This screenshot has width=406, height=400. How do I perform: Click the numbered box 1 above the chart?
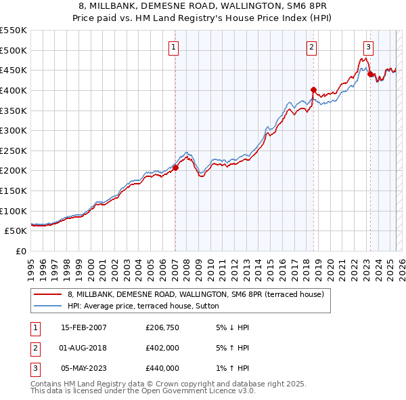point(174,47)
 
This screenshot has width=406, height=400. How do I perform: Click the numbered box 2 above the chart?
point(311,47)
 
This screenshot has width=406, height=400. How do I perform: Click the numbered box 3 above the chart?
point(368,47)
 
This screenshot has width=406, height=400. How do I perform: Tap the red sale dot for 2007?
point(175,167)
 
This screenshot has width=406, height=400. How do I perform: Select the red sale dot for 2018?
point(313,89)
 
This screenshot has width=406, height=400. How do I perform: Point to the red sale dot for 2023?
point(370,75)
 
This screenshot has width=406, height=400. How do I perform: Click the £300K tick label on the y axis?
point(14,130)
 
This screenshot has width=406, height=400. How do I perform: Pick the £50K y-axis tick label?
point(16,231)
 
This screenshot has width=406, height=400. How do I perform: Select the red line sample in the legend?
point(47,294)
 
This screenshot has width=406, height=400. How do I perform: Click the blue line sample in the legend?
point(47,306)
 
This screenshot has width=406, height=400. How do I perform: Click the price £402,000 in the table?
point(162,348)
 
